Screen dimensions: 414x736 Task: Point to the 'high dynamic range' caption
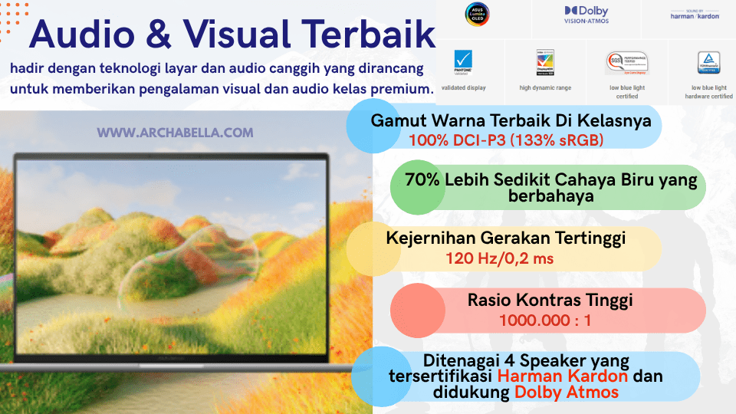545,88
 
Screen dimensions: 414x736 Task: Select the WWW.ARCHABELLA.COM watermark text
175,133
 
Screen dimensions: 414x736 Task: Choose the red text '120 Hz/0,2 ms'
500,258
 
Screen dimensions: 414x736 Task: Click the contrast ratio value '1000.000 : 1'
545,320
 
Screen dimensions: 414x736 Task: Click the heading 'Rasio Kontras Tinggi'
550,300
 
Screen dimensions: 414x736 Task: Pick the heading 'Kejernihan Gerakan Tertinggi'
505,238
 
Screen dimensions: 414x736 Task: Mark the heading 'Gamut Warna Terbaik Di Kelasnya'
511,121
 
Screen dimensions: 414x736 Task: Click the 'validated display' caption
465,88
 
